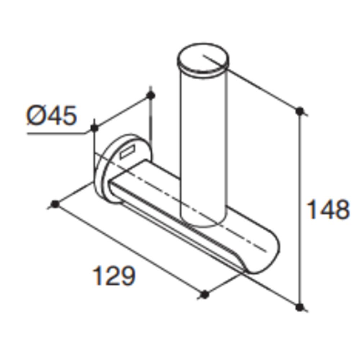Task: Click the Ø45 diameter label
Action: [51, 116]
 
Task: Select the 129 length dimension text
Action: [114, 275]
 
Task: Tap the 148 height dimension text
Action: [328, 210]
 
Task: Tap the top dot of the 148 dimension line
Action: [300, 111]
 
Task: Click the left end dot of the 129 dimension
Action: [55, 204]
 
